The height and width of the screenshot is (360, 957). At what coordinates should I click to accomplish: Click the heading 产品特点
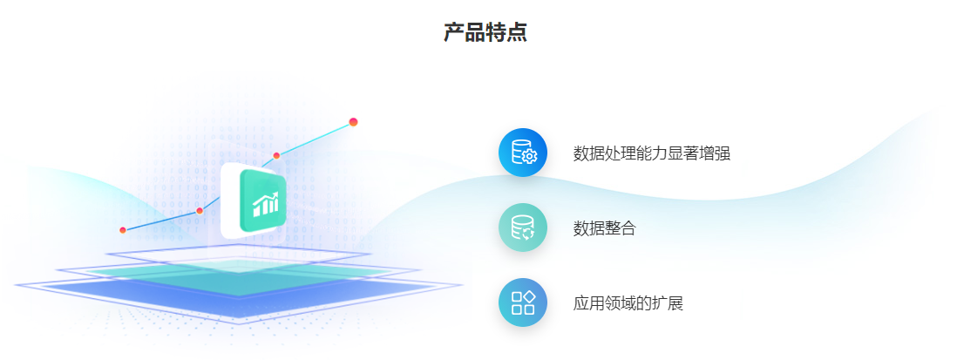(x=485, y=32)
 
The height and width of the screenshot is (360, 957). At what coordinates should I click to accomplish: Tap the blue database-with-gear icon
(x=523, y=153)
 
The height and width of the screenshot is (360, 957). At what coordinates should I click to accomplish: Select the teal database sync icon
(x=523, y=228)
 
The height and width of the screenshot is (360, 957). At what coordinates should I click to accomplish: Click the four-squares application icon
(x=523, y=302)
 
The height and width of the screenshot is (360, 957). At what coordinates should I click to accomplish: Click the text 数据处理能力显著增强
(x=652, y=153)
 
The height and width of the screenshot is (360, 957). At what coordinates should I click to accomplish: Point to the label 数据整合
(x=605, y=228)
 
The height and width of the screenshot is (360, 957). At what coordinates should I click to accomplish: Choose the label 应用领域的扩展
(x=628, y=303)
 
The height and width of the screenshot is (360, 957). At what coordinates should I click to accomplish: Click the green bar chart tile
(x=263, y=200)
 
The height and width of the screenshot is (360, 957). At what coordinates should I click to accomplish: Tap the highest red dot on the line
(x=353, y=122)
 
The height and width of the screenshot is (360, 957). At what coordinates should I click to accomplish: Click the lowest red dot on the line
(x=123, y=230)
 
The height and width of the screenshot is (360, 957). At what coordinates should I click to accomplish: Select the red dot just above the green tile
(x=276, y=155)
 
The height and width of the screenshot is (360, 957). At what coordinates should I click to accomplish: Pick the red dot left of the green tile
(x=200, y=211)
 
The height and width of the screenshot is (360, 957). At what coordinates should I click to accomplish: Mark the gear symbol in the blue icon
(x=529, y=157)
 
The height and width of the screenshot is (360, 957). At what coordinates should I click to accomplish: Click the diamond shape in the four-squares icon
(x=530, y=296)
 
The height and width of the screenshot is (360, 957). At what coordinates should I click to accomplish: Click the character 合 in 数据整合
(x=628, y=228)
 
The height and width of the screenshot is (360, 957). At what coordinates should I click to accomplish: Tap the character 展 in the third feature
(x=675, y=303)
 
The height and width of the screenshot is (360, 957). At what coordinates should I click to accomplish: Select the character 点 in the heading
(x=517, y=32)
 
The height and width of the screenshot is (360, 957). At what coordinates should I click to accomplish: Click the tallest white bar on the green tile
(x=275, y=204)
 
